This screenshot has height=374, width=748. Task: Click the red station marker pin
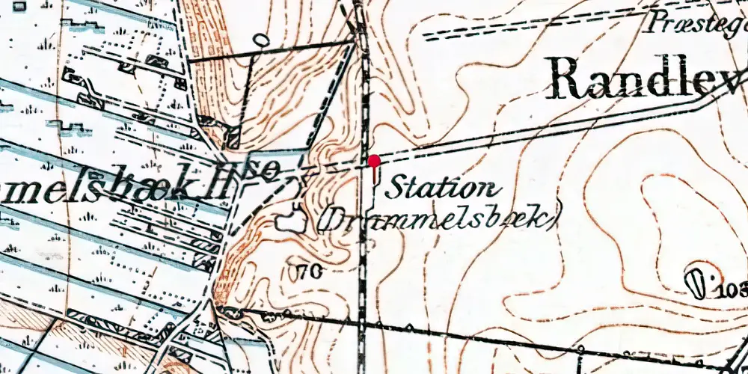[x=373, y=161]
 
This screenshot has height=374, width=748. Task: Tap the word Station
[x=439, y=187]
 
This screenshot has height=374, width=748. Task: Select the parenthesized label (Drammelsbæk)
[x=440, y=218]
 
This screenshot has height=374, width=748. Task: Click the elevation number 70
[x=311, y=272]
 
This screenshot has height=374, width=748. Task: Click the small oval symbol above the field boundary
[x=260, y=39]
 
